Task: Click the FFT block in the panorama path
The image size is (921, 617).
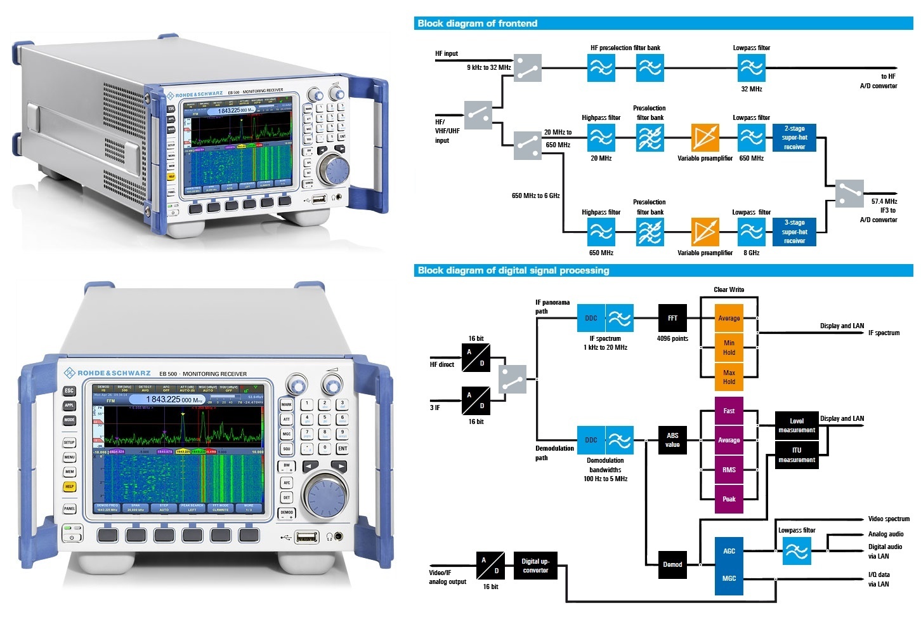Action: click(672, 318)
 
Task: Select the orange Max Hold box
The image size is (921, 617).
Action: click(729, 377)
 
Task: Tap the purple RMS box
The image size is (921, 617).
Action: click(729, 470)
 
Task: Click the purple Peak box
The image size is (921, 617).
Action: click(729, 499)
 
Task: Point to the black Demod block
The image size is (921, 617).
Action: click(672, 564)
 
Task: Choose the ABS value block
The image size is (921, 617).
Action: click(672, 440)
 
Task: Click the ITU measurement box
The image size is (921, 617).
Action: click(797, 455)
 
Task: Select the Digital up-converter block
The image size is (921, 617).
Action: click(535, 566)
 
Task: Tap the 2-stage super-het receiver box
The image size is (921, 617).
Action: click(794, 138)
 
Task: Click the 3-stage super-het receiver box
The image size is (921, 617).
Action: click(794, 232)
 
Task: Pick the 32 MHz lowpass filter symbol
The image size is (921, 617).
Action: click(751, 67)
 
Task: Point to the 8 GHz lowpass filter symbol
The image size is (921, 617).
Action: click(751, 232)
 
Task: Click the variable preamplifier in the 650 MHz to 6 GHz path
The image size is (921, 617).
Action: click(705, 232)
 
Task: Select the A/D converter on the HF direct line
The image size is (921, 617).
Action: click(476, 357)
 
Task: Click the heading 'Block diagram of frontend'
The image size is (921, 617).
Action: click(477, 23)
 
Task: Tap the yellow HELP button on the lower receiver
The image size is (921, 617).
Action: click(69, 487)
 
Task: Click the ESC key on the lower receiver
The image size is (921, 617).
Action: click(69, 391)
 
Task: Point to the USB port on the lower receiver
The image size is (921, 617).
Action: click(307, 537)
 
